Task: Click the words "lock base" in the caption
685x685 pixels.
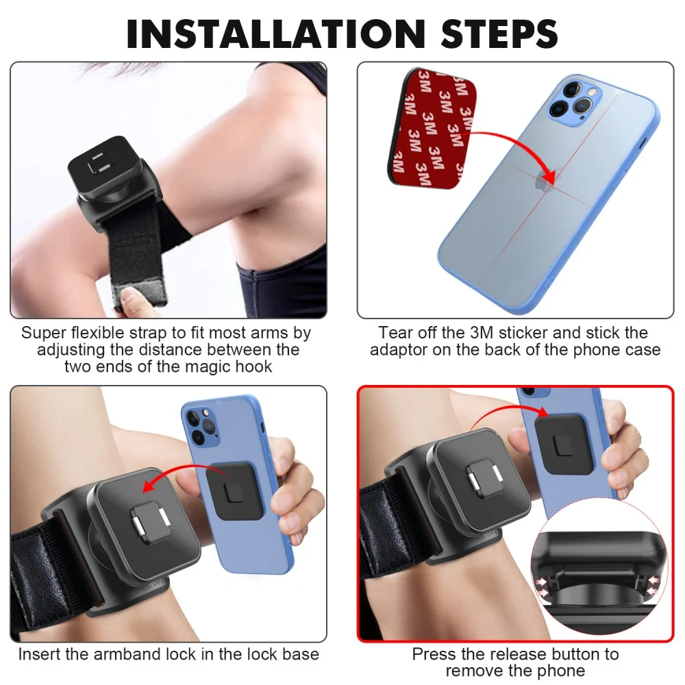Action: pyautogui.click(x=281, y=654)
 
